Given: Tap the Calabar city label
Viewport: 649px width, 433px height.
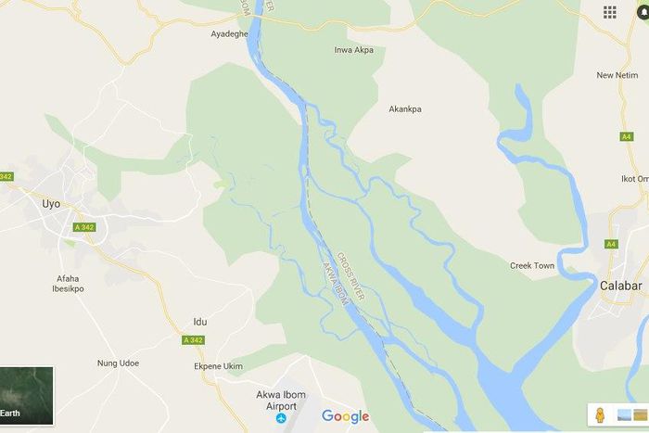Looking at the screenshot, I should (x=620, y=286).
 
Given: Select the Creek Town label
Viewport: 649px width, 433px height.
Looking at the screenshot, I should (x=532, y=266).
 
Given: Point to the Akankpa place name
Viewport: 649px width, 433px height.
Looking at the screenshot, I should (x=404, y=109).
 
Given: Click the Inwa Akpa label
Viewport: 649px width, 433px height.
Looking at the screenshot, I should (x=353, y=50).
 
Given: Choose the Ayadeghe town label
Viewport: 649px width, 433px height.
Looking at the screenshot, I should (x=229, y=33).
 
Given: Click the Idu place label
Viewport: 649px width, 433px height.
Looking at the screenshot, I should (x=199, y=322).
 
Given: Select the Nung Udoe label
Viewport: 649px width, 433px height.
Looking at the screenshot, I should (x=118, y=363).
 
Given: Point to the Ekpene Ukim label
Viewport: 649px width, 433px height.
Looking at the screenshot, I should (x=218, y=366).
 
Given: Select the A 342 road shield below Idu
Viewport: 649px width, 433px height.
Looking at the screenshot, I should (x=193, y=340).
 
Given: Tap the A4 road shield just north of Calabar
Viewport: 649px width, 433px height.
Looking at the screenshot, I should (x=610, y=244).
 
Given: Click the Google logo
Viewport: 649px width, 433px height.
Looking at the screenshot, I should (x=345, y=416).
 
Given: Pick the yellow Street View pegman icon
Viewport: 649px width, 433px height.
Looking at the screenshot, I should (x=600, y=414).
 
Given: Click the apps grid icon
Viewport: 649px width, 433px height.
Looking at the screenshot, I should (x=610, y=12).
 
